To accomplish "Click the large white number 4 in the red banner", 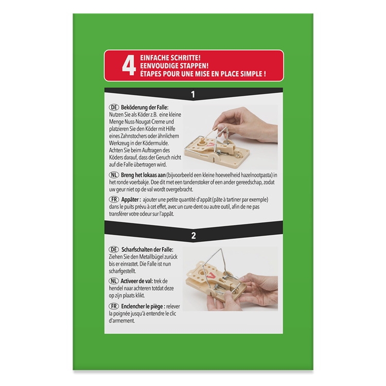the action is (129, 65).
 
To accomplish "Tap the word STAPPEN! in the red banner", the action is (195, 66).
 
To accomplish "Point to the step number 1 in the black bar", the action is (193, 94).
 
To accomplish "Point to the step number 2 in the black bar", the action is (194, 236).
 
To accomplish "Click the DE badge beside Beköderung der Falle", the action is (114, 108).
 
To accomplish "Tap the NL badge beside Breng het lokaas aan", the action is (114, 175).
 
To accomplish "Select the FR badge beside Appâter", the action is (114, 199).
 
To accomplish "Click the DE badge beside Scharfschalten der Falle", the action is (114, 250).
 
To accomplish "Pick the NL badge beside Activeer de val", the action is (114, 281).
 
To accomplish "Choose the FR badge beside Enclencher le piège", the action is (114, 306).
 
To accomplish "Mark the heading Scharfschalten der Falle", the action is (147, 250).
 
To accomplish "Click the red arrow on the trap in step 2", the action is (211, 275).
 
